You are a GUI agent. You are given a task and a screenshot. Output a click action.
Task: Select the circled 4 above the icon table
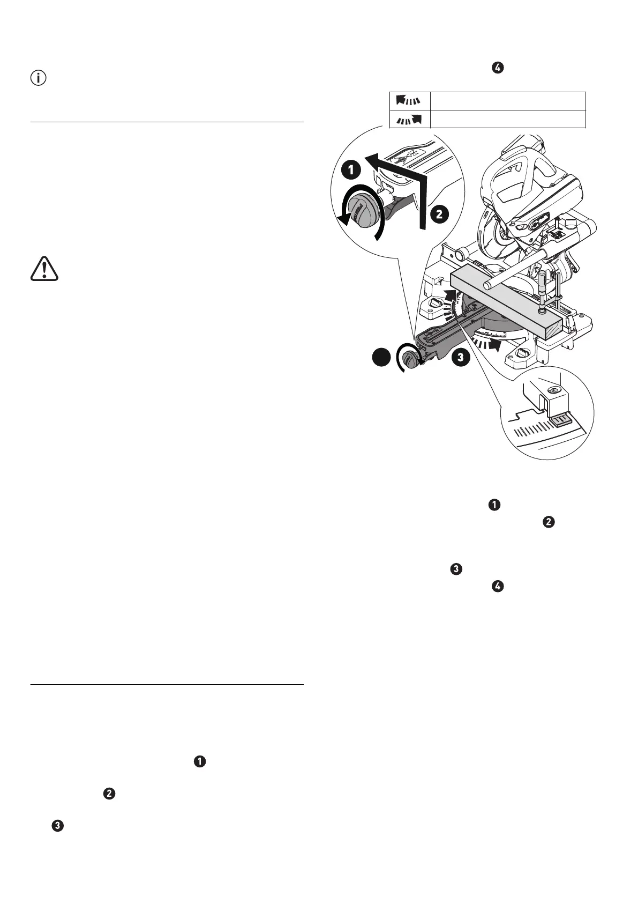(x=497, y=68)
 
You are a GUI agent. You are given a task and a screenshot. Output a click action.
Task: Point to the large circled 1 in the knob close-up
(x=350, y=171)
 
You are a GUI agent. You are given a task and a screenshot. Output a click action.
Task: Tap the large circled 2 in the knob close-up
(x=438, y=214)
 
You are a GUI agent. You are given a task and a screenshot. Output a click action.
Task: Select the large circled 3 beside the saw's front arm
(x=460, y=357)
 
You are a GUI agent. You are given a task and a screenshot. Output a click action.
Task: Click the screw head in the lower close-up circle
(x=554, y=391)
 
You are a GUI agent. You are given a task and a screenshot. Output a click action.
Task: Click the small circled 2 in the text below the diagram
(x=548, y=523)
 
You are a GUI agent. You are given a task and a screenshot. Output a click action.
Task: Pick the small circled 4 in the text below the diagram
(x=497, y=587)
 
